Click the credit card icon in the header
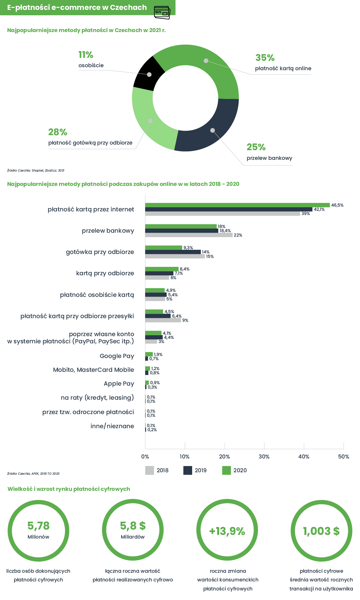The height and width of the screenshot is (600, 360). [x=162, y=13]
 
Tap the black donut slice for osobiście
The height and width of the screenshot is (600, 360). [x=149, y=74]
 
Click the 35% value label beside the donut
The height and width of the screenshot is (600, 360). [x=265, y=58]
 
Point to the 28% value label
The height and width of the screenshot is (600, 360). [x=58, y=132]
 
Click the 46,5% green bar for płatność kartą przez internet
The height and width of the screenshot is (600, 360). [x=237, y=205]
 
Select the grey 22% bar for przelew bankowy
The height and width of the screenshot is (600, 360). [x=189, y=235]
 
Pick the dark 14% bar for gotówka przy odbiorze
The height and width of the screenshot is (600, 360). [x=173, y=252]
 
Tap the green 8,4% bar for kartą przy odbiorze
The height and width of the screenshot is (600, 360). [x=162, y=269]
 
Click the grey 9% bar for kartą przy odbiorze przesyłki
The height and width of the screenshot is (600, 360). [x=163, y=320]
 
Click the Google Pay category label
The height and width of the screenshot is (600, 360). [x=117, y=356]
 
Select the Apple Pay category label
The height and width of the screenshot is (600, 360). [x=119, y=384]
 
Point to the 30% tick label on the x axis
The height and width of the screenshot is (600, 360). [x=264, y=457]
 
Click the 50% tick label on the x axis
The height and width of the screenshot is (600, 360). [x=344, y=457]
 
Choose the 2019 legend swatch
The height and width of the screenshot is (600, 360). [x=188, y=470]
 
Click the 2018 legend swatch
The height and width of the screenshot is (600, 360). [x=150, y=470]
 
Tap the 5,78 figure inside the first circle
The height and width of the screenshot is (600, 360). [x=38, y=526]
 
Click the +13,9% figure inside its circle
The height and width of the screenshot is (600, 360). [x=227, y=531]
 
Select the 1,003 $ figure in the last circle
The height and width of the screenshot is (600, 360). [x=321, y=531]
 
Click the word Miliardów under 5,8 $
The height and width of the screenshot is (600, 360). [x=133, y=537]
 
